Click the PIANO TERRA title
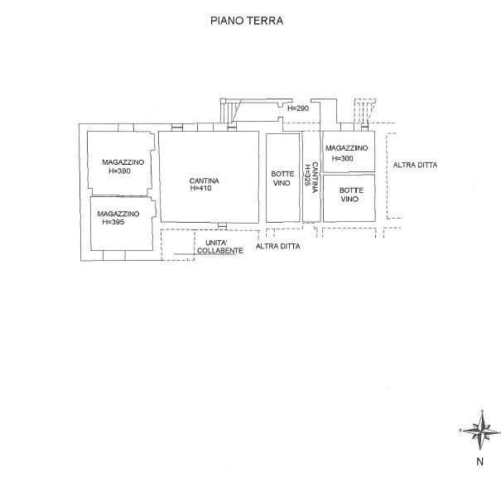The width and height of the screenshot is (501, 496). click(x=247, y=21)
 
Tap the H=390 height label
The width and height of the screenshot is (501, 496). click(x=119, y=171)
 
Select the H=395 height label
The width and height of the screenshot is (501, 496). click(x=113, y=222)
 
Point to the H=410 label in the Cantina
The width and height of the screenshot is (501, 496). click(x=200, y=188)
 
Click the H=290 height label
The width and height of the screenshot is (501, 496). click(x=298, y=108)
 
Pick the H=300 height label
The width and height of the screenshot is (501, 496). click(x=343, y=158)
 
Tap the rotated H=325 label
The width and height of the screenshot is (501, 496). click(x=307, y=176)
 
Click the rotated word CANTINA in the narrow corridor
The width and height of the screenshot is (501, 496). click(x=315, y=177)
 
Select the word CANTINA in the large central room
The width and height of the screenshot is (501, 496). click(x=205, y=181)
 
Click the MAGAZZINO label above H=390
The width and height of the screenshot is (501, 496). click(x=123, y=162)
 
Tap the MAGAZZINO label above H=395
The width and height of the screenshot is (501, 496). click(x=118, y=214)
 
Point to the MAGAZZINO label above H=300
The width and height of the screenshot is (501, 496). click(x=347, y=148)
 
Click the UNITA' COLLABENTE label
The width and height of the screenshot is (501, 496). click(x=219, y=247)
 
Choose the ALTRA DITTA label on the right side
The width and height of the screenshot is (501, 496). click(x=415, y=165)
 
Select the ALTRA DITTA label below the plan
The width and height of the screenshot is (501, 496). click(x=278, y=247)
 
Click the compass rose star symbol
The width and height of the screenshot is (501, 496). click(x=480, y=430)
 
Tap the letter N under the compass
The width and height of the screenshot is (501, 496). click(x=480, y=461)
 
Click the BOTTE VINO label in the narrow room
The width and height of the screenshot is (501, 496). click(x=282, y=178)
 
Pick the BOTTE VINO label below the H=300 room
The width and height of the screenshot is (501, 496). click(x=351, y=195)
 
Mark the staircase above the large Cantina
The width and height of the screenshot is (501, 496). click(x=230, y=111)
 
